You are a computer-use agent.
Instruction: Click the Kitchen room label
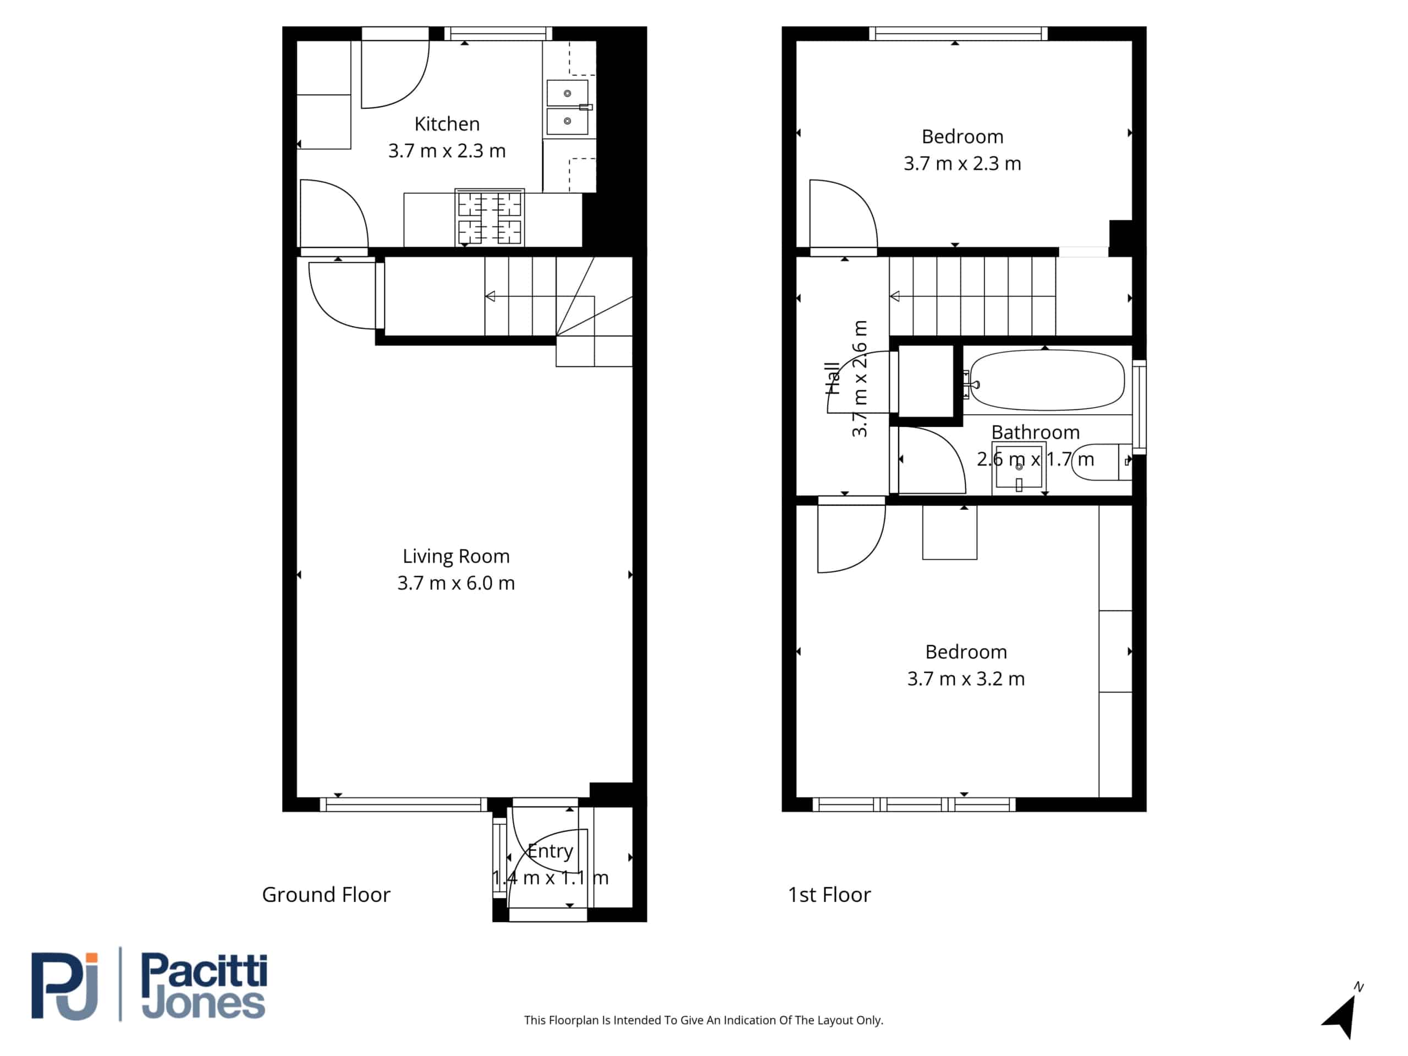[x=447, y=124]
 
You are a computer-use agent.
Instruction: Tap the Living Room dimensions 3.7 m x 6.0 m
[x=456, y=583]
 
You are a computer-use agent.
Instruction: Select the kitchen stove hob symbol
[x=490, y=217]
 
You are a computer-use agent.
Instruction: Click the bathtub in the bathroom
[x=1047, y=381]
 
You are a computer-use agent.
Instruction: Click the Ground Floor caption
[x=326, y=894]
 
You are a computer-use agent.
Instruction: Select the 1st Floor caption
[x=829, y=894]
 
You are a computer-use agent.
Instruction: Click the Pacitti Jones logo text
[x=204, y=986]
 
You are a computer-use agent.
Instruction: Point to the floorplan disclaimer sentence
[x=703, y=1020]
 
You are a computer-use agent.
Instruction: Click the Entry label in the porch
[x=551, y=851]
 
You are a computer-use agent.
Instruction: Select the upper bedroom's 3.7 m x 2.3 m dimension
[x=963, y=163]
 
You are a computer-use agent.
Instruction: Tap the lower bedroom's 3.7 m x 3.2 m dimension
[x=966, y=679]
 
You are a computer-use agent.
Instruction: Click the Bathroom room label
[x=1036, y=432]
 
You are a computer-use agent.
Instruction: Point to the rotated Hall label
[x=832, y=379]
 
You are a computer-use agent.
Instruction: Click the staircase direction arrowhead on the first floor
[x=895, y=296]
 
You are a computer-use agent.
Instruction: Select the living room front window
[x=404, y=805]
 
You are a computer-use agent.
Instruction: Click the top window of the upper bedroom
[x=959, y=33]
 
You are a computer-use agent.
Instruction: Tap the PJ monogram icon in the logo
[x=65, y=986]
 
